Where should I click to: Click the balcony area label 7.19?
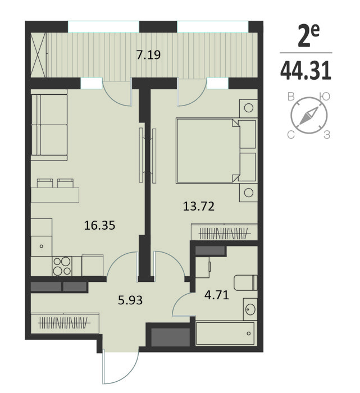pyautogui.click(x=148, y=55)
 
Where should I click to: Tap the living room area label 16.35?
pyautogui.click(x=99, y=225)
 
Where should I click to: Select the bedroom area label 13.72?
pyautogui.click(x=199, y=207)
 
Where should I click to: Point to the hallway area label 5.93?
pyautogui.click(x=130, y=300)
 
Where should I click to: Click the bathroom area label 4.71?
pyautogui.click(x=217, y=295)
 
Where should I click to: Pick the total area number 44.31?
pyautogui.click(x=306, y=71)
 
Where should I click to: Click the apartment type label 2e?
pyautogui.click(x=308, y=35)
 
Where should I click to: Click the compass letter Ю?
pyautogui.click(x=325, y=97)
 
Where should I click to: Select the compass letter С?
pyautogui.click(x=291, y=135)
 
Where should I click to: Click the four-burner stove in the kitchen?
pyautogui.click(x=62, y=266)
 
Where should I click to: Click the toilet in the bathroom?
pyautogui.click(x=245, y=282)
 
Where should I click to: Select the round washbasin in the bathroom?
pyautogui.click(x=250, y=309)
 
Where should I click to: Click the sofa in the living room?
pyautogui.click(x=49, y=125)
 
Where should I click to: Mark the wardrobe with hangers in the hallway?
pyautogui.click(x=65, y=323)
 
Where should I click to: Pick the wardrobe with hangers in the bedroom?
pyautogui.click(x=225, y=232)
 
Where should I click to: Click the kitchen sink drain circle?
pyautogui.click(x=42, y=246)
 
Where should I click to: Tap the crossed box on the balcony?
pyautogui.click(x=39, y=55)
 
